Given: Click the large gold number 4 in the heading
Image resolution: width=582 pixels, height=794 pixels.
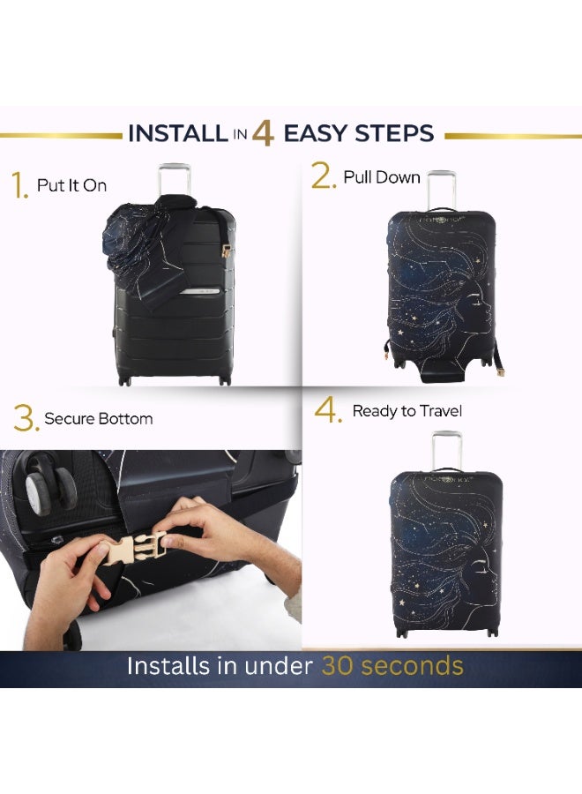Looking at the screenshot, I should (x=263, y=133).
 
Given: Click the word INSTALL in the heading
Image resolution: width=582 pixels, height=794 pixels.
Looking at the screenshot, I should (x=177, y=134).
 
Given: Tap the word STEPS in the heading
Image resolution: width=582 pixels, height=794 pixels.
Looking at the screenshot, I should (x=394, y=134).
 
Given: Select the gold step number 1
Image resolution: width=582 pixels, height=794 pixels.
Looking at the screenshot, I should (x=19, y=187).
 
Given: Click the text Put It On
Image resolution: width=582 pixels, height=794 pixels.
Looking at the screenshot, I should (x=71, y=185).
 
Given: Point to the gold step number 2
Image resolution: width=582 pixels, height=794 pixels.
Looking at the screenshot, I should (x=323, y=177).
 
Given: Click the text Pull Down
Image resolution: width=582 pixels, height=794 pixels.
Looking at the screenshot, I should (x=382, y=177).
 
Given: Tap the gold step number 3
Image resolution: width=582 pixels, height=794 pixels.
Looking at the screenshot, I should (x=26, y=419).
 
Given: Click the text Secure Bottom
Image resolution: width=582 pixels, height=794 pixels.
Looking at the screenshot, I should (x=98, y=418).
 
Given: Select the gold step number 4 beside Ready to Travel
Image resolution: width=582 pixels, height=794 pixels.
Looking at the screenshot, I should (x=328, y=412).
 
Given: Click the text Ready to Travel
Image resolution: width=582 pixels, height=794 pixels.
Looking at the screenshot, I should (x=407, y=411).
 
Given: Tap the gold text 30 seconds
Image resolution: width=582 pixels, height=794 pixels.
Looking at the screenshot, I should (x=392, y=665).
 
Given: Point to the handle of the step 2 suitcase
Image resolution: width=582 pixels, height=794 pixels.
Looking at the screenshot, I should (x=441, y=189).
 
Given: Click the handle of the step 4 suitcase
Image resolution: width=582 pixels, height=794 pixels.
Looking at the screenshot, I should (x=447, y=449).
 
